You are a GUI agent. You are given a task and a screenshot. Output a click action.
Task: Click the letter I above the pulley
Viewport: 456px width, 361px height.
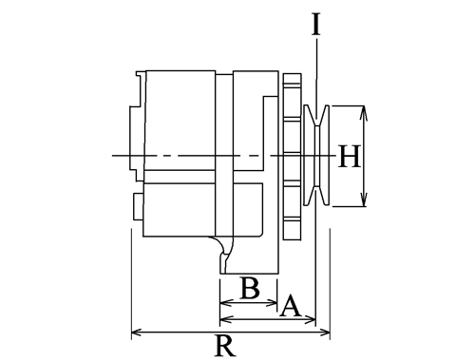coord(315,24)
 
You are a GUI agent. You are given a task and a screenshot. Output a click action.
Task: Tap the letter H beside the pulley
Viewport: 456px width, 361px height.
coord(350,156)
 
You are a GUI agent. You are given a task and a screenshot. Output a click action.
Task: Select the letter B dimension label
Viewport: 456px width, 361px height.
coord(250,288)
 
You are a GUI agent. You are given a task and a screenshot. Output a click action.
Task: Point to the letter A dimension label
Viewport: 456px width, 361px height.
coord(290,306)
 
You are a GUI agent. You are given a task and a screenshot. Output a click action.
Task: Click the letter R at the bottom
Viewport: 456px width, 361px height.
coord(225,345)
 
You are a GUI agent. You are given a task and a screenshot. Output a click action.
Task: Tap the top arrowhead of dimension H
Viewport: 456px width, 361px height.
coord(364,113)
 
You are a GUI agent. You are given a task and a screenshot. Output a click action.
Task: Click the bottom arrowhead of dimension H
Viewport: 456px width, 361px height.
coord(364,199)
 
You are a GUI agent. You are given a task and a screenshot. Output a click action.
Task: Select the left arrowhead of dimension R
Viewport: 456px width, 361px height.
coord(137,332)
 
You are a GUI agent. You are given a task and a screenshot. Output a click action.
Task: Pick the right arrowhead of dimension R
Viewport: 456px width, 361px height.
coord(325,332)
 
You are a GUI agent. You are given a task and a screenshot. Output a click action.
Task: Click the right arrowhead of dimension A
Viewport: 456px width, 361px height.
coord(311,320)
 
